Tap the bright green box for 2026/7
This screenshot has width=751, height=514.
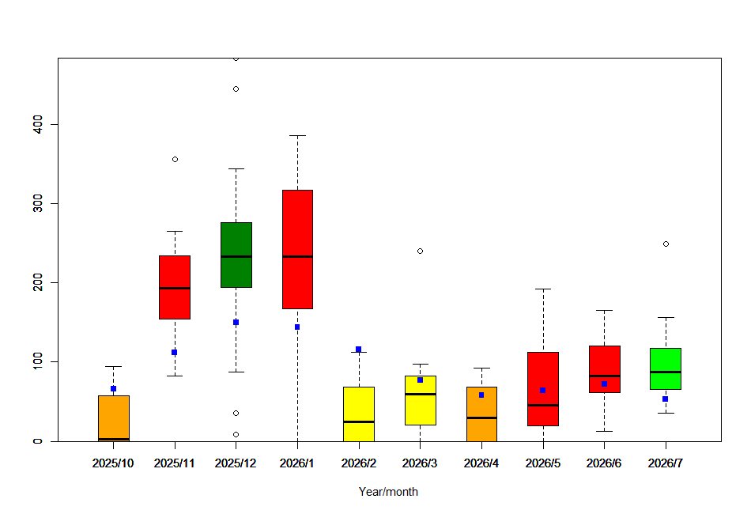(x=665, y=368)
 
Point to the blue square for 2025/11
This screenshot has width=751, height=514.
(x=175, y=352)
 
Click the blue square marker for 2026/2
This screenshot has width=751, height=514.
(x=358, y=349)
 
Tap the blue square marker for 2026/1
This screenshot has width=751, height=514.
(x=297, y=327)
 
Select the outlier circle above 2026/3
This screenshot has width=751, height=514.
(x=420, y=251)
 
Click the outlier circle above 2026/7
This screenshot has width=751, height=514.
(x=666, y=244)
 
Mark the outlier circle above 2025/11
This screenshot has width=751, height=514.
(x=175, y=159)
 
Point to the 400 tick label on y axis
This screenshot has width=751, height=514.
(x=38, y=124)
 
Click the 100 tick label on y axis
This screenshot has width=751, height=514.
(x=38, y=361)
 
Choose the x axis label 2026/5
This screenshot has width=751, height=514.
(x=542, y=463)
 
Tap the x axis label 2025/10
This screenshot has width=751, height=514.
(x=113, y=463)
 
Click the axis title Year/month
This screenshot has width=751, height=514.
(x=388, y=492)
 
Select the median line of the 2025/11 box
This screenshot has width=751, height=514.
(x=175, y=288)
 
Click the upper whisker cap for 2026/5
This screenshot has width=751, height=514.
(x=542, y=289)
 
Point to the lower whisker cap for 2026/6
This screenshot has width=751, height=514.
(x=604, y=431)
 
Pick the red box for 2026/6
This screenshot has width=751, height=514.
(x=604, y=368)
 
